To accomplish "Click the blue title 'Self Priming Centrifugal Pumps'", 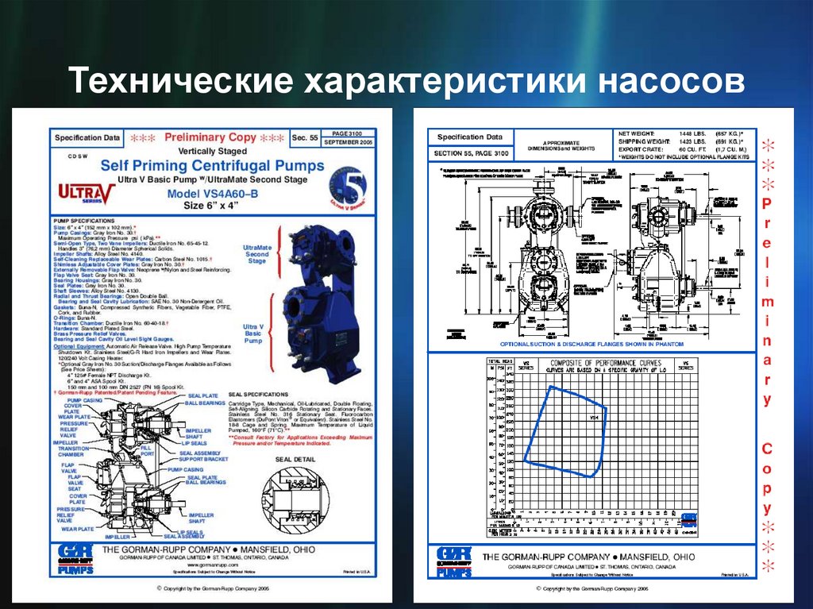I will (212, 166).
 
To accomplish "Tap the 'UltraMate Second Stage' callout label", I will (257, 254).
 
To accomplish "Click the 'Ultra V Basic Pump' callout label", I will (253, 334).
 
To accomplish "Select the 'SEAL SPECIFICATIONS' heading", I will (257, 394).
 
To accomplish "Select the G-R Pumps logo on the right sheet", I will (454, 561).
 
